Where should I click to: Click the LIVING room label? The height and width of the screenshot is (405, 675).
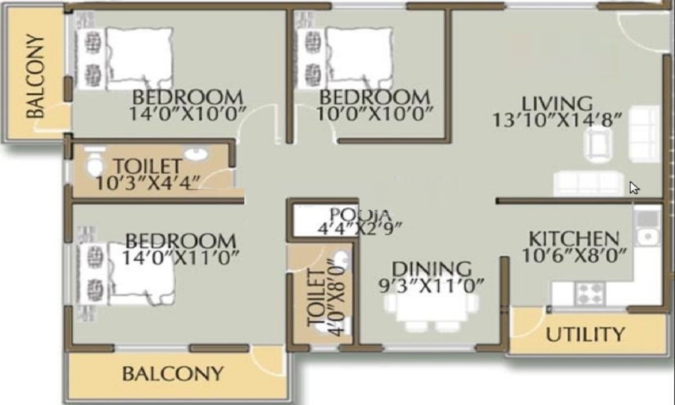pyautogui.click(x=557, y=104)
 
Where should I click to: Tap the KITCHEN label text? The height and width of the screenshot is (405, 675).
pyautogui.click(x=574, y=238)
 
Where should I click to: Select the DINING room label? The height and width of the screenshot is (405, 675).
pyautogui.click(x=432, y=269)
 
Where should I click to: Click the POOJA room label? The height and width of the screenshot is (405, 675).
pyautogui.click(x=360, y=213)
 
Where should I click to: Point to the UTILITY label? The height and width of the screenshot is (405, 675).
pyautogui.click(x=585, y=334)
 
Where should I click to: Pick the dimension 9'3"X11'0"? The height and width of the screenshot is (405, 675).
pyautogui.click(x=431, y=286)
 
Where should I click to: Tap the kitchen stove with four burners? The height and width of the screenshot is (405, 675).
pyautogui.click(x=590, y=294)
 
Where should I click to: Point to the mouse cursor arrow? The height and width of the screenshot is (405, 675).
pyautogui.click(x=634, y=188)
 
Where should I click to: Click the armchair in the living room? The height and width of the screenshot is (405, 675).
pyautogui.click(x=599, y=145)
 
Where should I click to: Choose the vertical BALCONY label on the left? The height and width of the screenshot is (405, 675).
pyautogui.click(x=35, y=76)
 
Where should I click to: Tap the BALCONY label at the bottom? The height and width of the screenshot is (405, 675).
pyautogui.click(x=173, y=373)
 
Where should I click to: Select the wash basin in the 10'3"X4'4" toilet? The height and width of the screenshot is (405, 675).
pyautogui.click(x=196, y=154)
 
